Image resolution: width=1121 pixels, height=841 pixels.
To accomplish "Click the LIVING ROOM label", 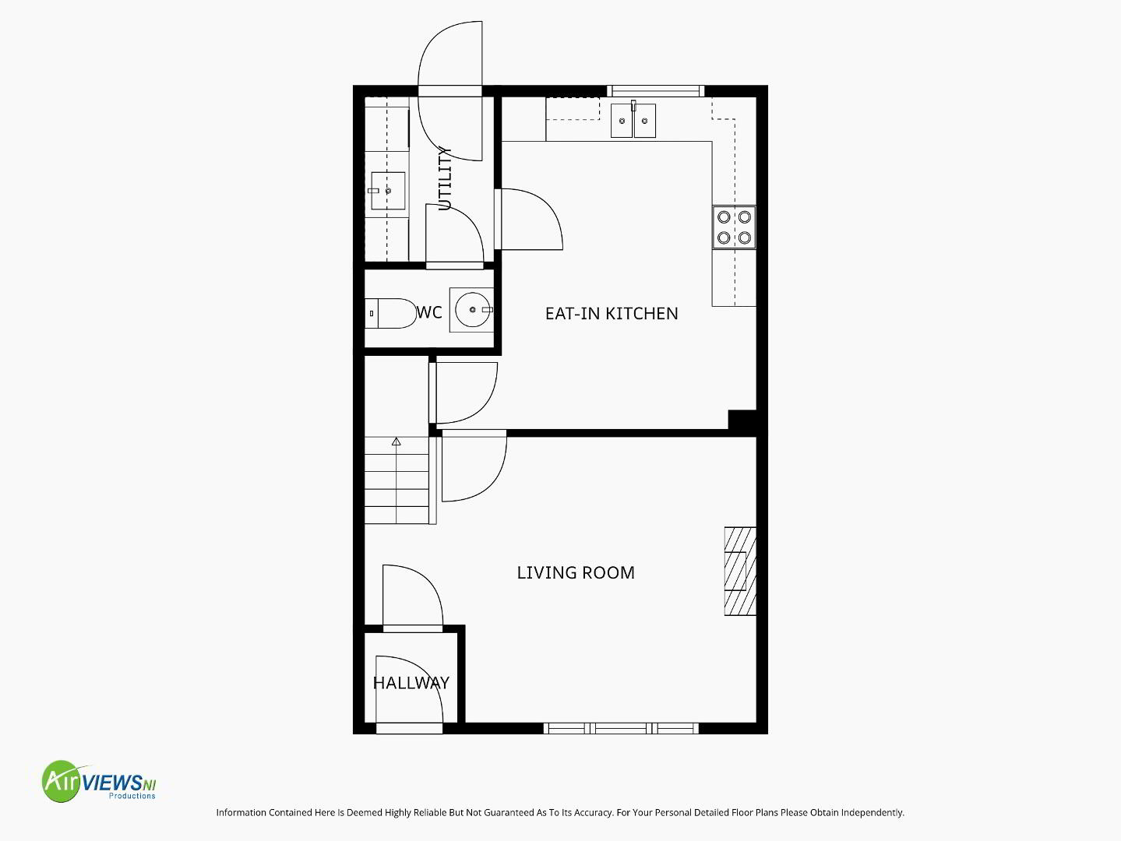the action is [x=576, y=572].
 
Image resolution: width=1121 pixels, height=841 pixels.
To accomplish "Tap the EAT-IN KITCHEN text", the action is [x=612, y=313].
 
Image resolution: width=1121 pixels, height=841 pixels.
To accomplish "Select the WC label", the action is [x=429, y=312].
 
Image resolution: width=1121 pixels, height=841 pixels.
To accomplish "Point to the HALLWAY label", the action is [x=411, y=683].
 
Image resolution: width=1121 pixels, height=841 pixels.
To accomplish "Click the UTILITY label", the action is [x=446, y=178].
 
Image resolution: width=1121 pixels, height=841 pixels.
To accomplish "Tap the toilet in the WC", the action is [x=391, y=313].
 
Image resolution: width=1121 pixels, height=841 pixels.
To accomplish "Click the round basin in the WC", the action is [x=472, y=310].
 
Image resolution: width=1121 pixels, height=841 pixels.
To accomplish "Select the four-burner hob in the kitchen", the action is [x=735, y=227].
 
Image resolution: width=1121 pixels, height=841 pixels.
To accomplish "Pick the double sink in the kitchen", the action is [x=633, y=121].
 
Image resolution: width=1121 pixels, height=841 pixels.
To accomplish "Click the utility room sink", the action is [x=388, y=191].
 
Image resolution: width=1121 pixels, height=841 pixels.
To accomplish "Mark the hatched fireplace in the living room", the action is [x=740, y=571].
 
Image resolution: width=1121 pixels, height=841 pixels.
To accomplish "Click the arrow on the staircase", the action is [x=397, y=442].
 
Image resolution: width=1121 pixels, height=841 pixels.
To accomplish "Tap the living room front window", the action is [x=621, y=728].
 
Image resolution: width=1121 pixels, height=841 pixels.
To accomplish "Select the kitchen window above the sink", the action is [x=656, y=91].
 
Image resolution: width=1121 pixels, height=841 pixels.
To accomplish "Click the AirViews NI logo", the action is [x=99, y=781].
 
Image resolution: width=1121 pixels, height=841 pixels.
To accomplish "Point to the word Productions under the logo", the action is [x=132, y=796].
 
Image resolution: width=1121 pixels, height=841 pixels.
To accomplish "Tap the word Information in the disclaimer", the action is [x=241, y=812].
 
